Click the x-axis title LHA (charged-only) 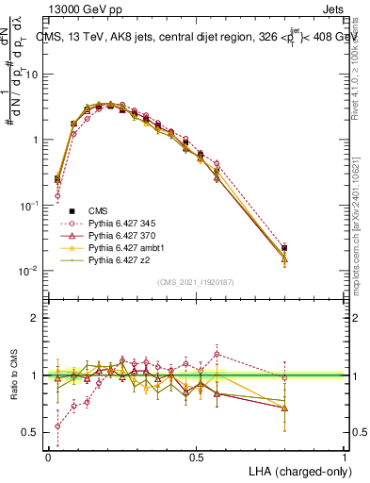296,470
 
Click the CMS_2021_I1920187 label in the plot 197,281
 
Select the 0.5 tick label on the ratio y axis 31,433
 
